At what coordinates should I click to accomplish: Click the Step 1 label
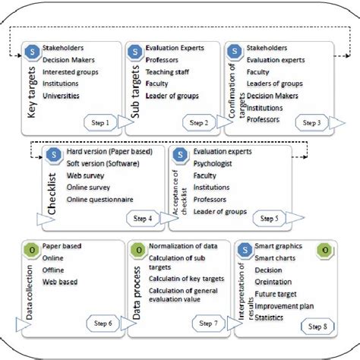[102, 122]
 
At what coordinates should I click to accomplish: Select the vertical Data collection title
[31, 292]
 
